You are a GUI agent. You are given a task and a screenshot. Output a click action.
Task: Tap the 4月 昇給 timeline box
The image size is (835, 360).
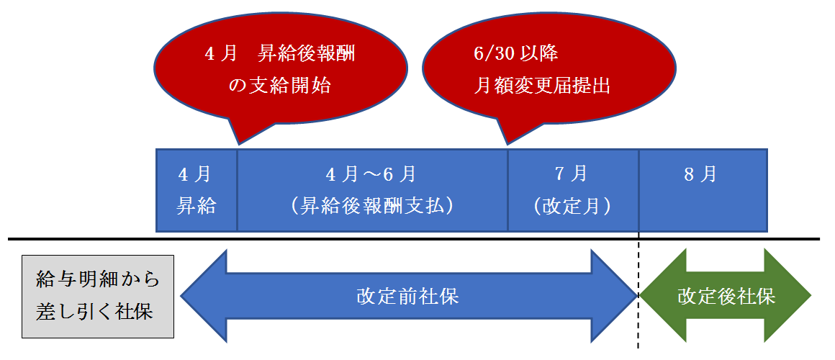(x=197, y=190)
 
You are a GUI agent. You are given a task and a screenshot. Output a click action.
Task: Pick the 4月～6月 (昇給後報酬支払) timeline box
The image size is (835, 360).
(x=372, y=190)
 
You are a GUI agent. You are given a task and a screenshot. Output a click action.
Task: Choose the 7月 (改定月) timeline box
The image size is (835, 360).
(x=573, y=190)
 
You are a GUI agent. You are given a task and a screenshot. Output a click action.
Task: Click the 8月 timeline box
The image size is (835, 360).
(x=703, y=190)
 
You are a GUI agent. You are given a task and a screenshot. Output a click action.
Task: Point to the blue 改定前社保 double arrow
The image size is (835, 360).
(x=409, y=296)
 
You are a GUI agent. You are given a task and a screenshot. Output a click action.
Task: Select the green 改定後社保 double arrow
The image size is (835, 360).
(x=726, y=296)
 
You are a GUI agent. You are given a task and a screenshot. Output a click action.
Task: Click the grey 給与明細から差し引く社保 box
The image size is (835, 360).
(x=98, y=296)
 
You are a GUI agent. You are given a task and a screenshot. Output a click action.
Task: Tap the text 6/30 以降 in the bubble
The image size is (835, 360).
(x=515, y=54)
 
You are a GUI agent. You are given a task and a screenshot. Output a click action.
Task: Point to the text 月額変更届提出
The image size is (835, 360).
(x=541, y=86)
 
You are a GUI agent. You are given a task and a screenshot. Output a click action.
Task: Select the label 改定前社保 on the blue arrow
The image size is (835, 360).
(x=408, y=297)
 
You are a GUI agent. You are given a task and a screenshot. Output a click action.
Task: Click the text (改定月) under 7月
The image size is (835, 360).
(x=572, y=207)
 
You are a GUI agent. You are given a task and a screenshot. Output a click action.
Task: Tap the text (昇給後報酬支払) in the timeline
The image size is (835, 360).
(x=372, y=207)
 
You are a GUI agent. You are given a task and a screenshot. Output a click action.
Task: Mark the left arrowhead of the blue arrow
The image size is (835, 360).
(x=204, y=296)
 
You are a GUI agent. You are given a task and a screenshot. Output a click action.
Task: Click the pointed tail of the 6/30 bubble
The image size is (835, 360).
(x=507, y=145)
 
